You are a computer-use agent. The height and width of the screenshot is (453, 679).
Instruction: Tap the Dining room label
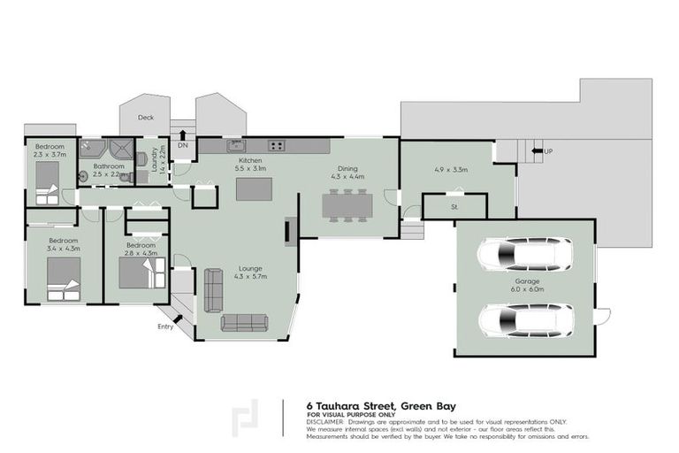tap(347, 168)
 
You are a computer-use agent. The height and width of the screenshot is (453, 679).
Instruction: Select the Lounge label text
tap(251, 268)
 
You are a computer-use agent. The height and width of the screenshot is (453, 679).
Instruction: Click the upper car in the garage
tap(524, 255)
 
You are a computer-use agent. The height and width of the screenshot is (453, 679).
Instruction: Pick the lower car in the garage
tap(524, 319)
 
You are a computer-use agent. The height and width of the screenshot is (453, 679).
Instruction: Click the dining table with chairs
tap(347, 205)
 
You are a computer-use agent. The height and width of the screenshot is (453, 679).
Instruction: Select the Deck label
tap(146, 117)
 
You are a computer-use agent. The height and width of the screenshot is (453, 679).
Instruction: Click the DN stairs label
tap(183, 144)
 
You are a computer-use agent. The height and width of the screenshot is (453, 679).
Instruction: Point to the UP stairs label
tap(548, 150)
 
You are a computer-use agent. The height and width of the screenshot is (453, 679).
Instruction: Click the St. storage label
tap(454, 208)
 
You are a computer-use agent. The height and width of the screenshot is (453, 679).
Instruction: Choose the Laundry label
tap(155, 159)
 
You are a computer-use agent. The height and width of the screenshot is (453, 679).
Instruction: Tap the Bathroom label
tap(110, 165)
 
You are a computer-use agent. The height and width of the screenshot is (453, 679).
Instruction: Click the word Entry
tap(165, 327)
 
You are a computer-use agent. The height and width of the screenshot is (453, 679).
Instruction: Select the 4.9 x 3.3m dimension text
tap(450, 169)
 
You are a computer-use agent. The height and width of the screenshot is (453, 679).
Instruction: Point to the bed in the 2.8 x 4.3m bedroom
tap(140, 273)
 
